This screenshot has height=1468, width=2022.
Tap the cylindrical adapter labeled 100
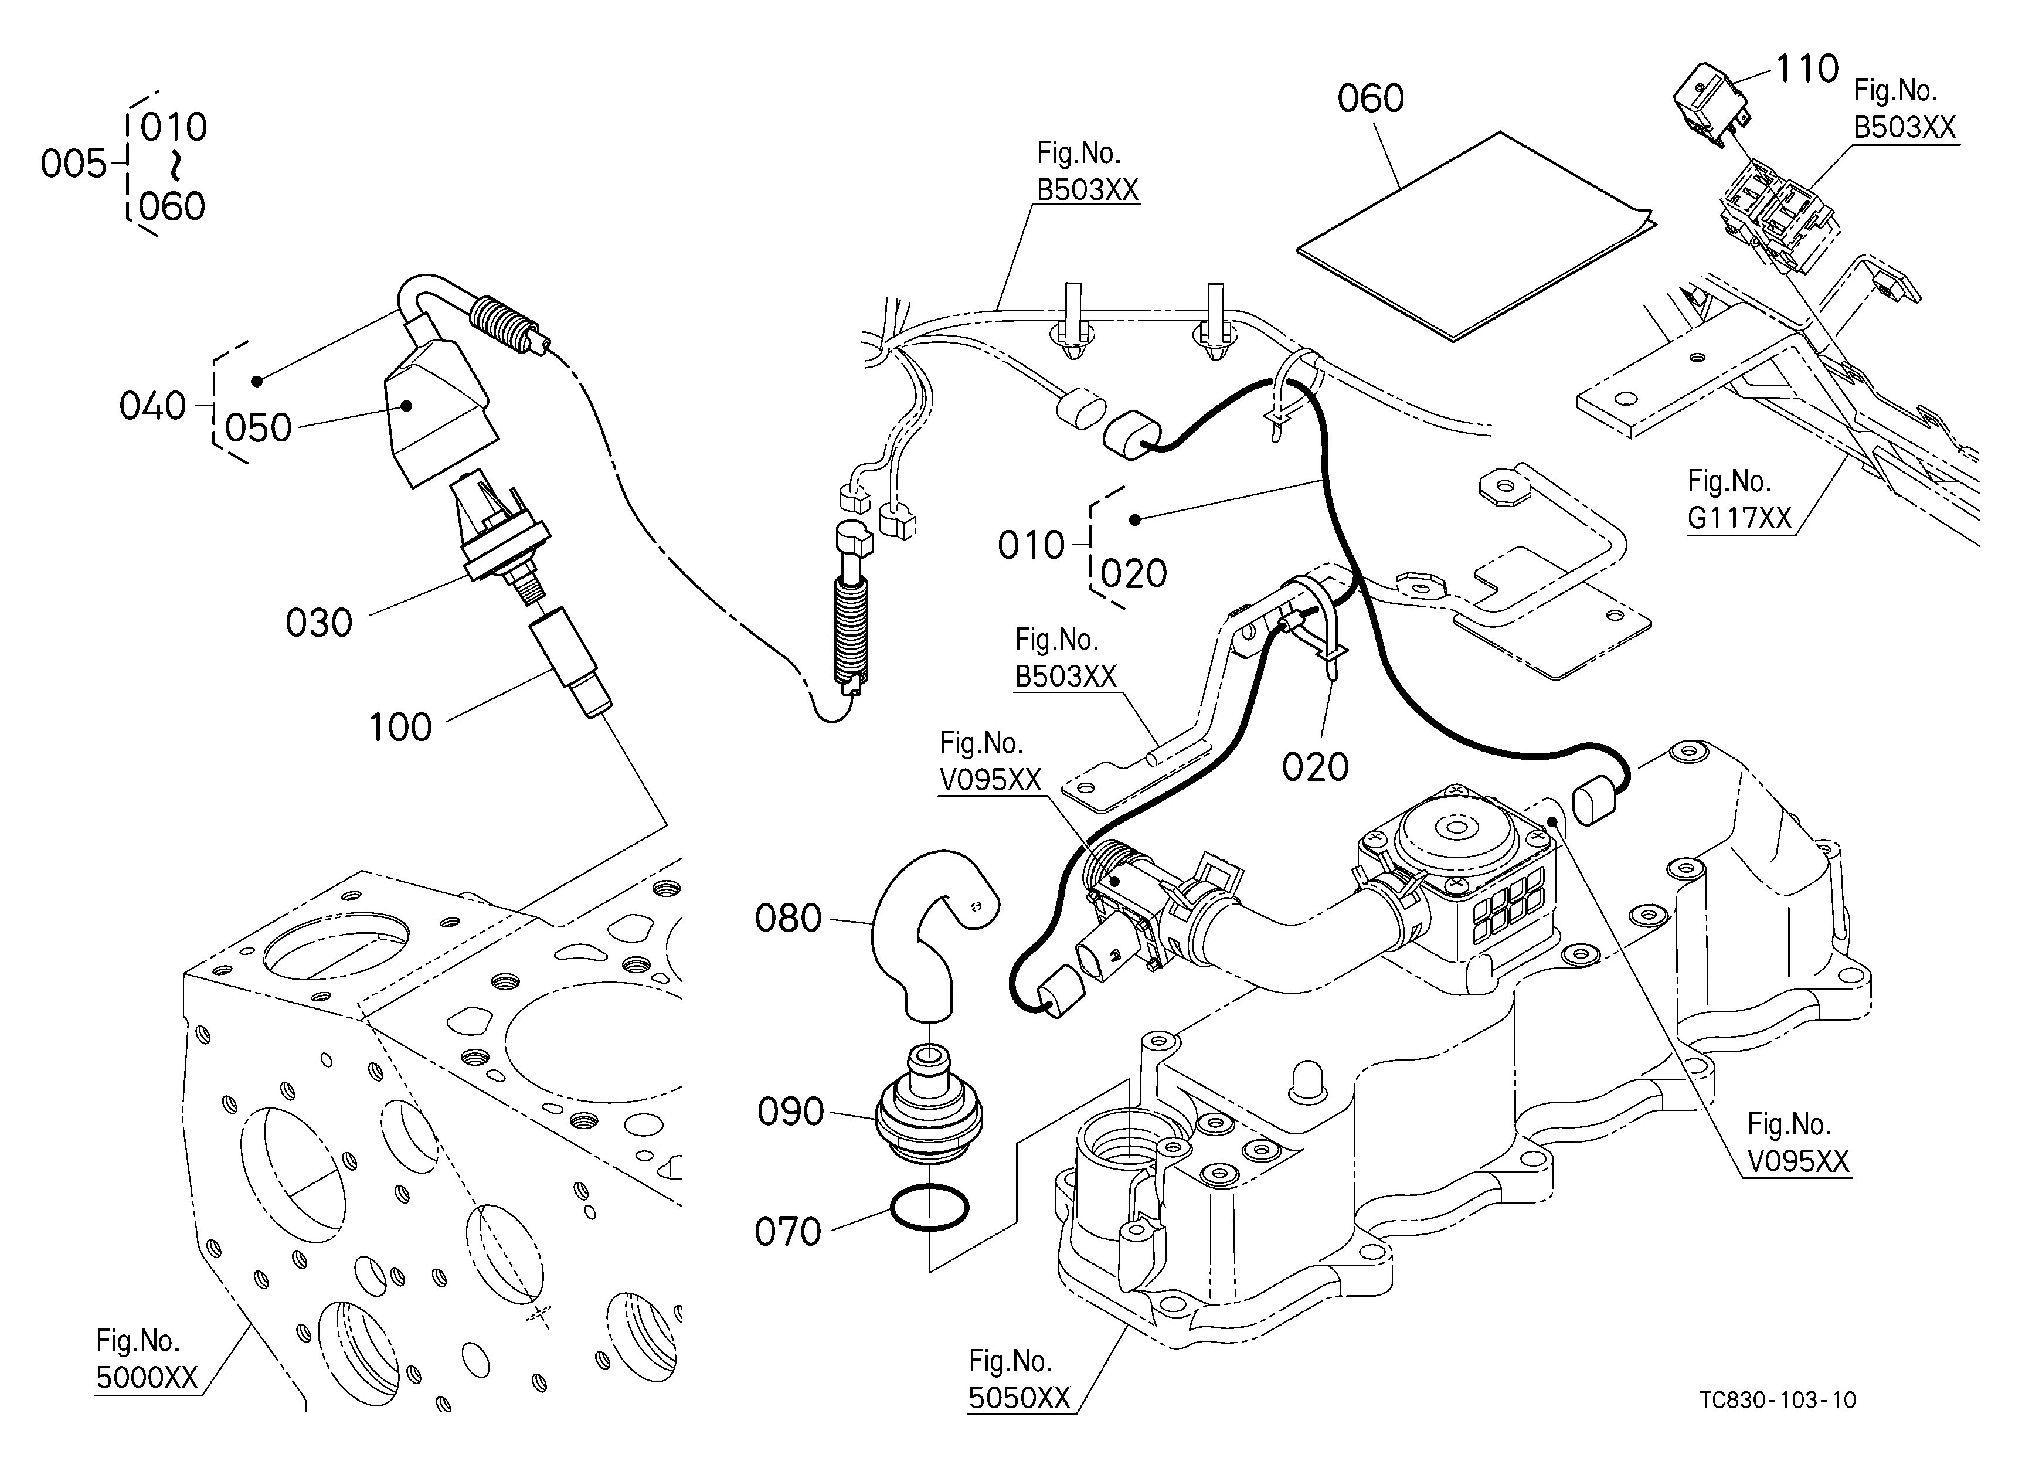click(x=570, y=661)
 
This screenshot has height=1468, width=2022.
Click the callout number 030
click(x=319, y=623)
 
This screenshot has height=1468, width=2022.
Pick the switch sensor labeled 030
click(x=499, y=535)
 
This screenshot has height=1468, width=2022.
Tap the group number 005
click(x=74, y=164)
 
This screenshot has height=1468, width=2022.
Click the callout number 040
click(x=152, y=406)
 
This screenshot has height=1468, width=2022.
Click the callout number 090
click(x=791, y=1112)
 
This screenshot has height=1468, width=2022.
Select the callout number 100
click(x=400, y=728)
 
